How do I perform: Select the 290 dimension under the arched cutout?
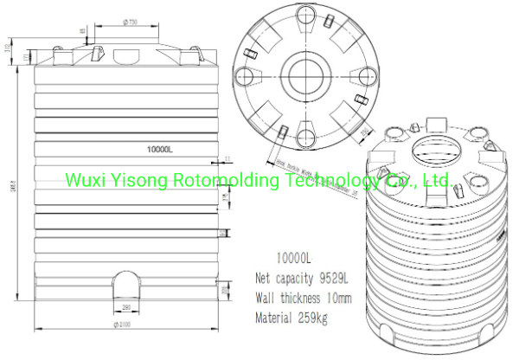[125, 307]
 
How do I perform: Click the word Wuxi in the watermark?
[86, 181]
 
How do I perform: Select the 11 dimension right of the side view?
[227, 157]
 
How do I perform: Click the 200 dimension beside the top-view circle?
[364, 131]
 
